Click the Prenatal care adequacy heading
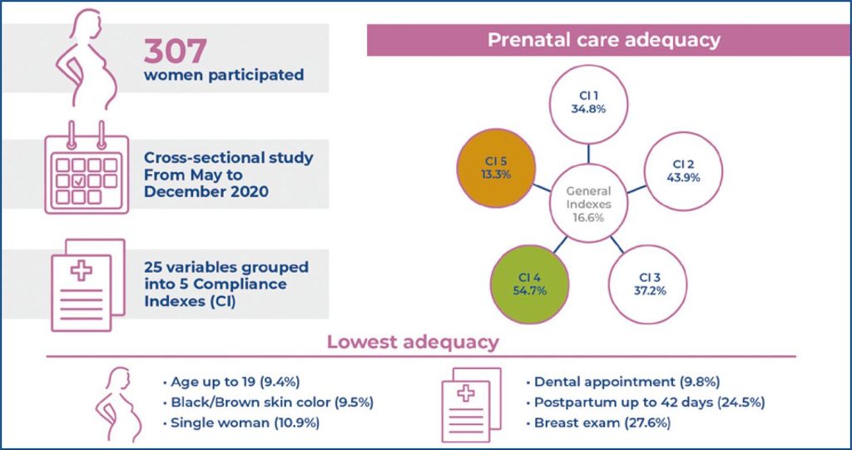[x=603, y=39]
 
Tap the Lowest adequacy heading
[x=413, y=342]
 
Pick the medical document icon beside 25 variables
[x=87, y=284]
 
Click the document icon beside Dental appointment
[x=471, y=402]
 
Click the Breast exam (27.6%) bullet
[x=599, y=422]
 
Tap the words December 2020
[x=206, y=190]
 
